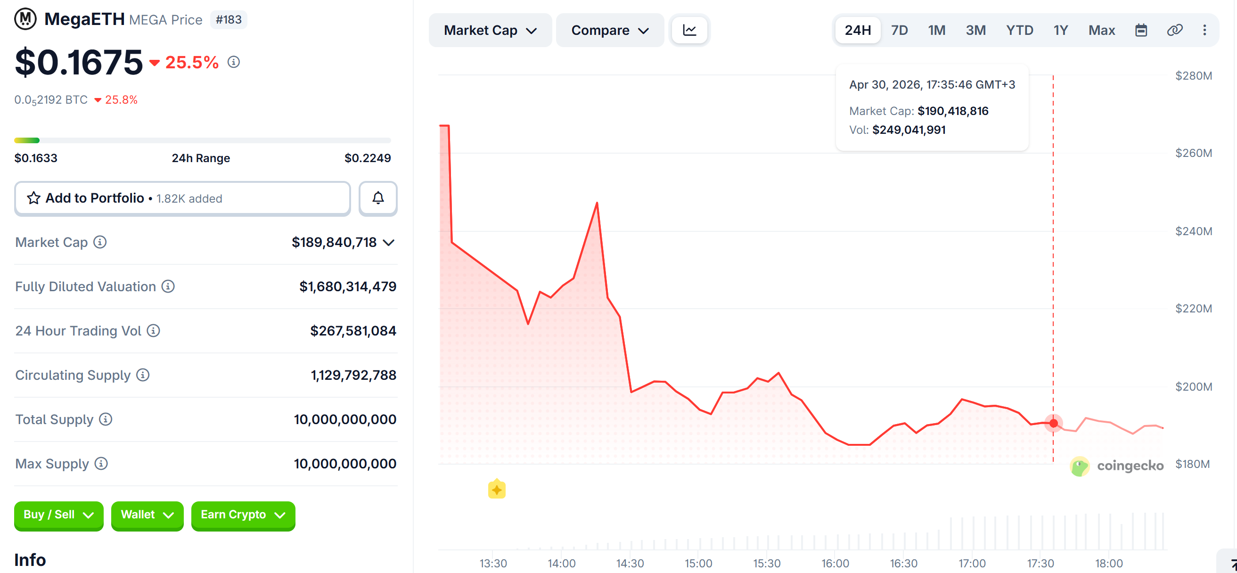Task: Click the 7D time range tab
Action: tap(899, 30)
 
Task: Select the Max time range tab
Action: tap(1101, 30)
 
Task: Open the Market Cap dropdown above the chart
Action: tap(490, 30)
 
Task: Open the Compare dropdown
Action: tap(609, 30)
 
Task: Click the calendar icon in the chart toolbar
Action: tap(1141, 30)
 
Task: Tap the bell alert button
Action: tap(378, 198)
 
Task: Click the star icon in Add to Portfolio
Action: tap(33, 198)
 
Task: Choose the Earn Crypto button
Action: tap(243, 515)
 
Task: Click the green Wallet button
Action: tap(147, 515)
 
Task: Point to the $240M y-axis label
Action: tap(1193, 231)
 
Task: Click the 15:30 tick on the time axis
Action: tap(766, 563)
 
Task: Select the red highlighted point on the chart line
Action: tap(1053, 423)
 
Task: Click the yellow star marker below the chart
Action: tap(497, 490)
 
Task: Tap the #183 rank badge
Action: tap(229, 20)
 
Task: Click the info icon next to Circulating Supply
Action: tap(143, 375)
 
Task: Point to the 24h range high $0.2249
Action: tap(368, 158)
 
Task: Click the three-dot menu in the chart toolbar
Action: tap(1204, 30)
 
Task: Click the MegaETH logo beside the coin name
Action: tap(25, 19)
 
